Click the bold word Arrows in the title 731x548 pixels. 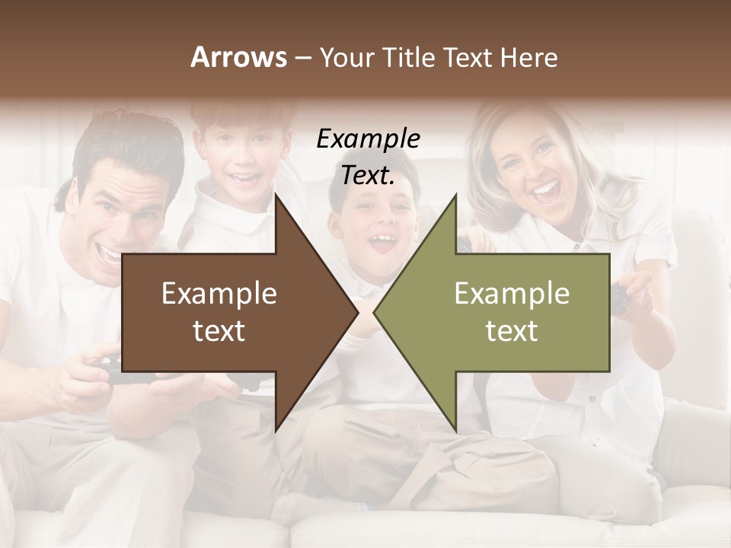coord(238,57)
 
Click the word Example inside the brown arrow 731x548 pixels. coord(219,293)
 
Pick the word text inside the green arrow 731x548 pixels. coord(512,331)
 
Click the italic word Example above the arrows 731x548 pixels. coord(368,139)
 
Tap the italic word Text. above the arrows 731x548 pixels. coord(368,176)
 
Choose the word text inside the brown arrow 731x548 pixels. coord(219,331)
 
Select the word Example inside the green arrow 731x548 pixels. coord(512,293)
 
